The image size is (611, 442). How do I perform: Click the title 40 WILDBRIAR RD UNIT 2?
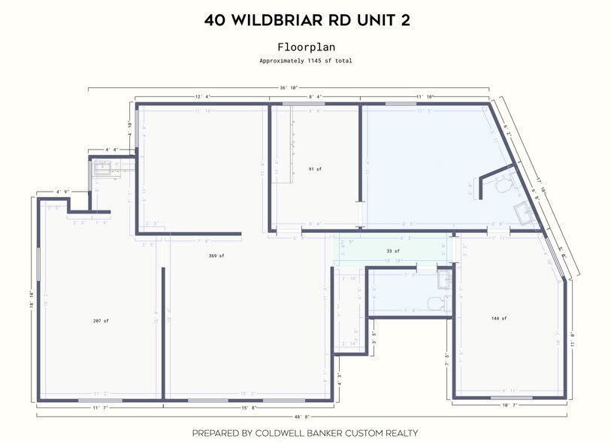point(304,20)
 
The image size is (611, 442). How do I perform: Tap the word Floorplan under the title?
point(304,47)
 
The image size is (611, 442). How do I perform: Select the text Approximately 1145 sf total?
point(305,60)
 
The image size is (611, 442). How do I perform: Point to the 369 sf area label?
point(216,256)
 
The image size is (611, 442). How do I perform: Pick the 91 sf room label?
point(315,169)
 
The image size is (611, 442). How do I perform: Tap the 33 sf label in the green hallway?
point(392,251)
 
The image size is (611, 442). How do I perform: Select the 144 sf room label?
point(498,318)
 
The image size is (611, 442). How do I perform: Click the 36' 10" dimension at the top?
point(289,88)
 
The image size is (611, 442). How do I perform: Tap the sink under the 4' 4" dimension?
point(100,169)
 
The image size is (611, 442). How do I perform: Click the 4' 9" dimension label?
point(62,192)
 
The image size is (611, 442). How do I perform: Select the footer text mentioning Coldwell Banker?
point(304,433)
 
